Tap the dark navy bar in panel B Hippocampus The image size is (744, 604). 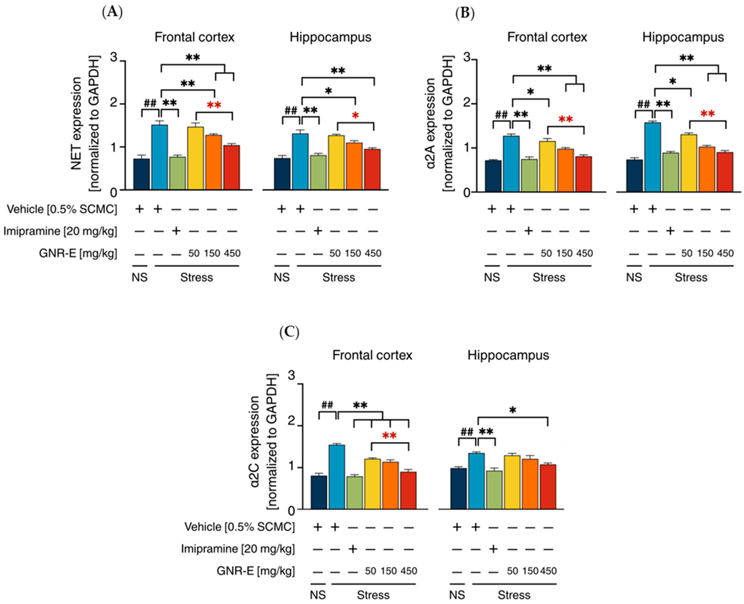pos(634,176)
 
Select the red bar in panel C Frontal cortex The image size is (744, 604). pos(408,491)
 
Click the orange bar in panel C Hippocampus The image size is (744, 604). pos(530,484)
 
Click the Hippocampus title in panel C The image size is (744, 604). pos(508,355)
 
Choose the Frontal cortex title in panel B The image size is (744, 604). pos(547,37)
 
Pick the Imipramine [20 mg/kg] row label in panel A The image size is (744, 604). pos(60,231)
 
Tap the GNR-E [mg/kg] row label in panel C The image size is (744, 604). pos(256,571)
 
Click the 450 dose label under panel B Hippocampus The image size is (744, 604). pos(725,253)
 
